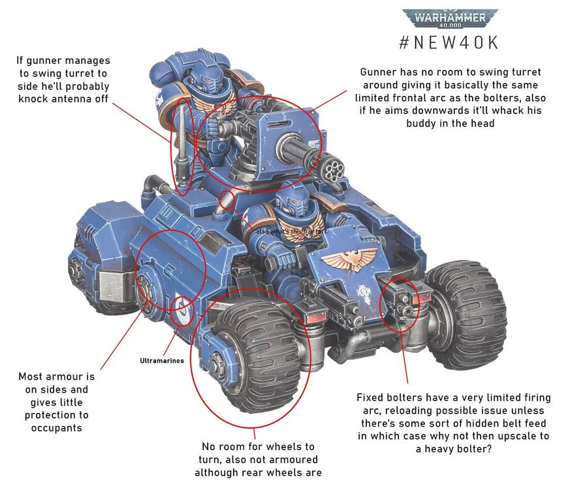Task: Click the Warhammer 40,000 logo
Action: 450,18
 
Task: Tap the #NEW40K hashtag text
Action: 449,42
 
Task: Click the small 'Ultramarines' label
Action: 162,360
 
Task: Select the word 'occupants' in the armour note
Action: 56,428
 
